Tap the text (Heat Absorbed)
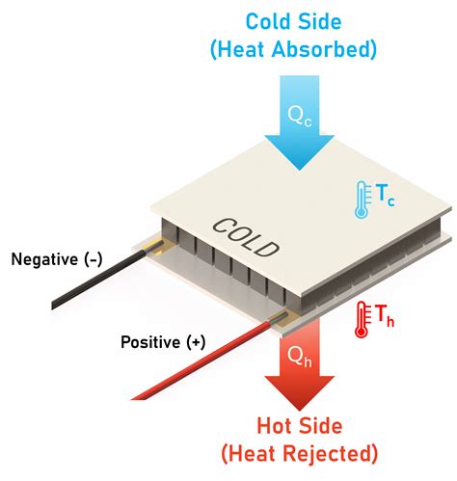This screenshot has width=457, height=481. click(293, 49)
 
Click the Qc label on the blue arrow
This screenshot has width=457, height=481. click(299, 117)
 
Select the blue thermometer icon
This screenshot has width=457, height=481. click(362, 200)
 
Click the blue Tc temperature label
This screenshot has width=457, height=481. click(385, 196)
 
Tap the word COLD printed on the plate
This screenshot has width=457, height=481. click(246, 238)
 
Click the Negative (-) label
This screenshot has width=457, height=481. click(57, 259)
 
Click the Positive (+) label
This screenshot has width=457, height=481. click(163, 342)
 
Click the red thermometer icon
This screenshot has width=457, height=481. click(362, 319)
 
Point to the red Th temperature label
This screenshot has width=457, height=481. click(385, 315)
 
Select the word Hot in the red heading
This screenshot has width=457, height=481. click(273, 426)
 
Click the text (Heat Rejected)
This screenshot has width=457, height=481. click(300, 454)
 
